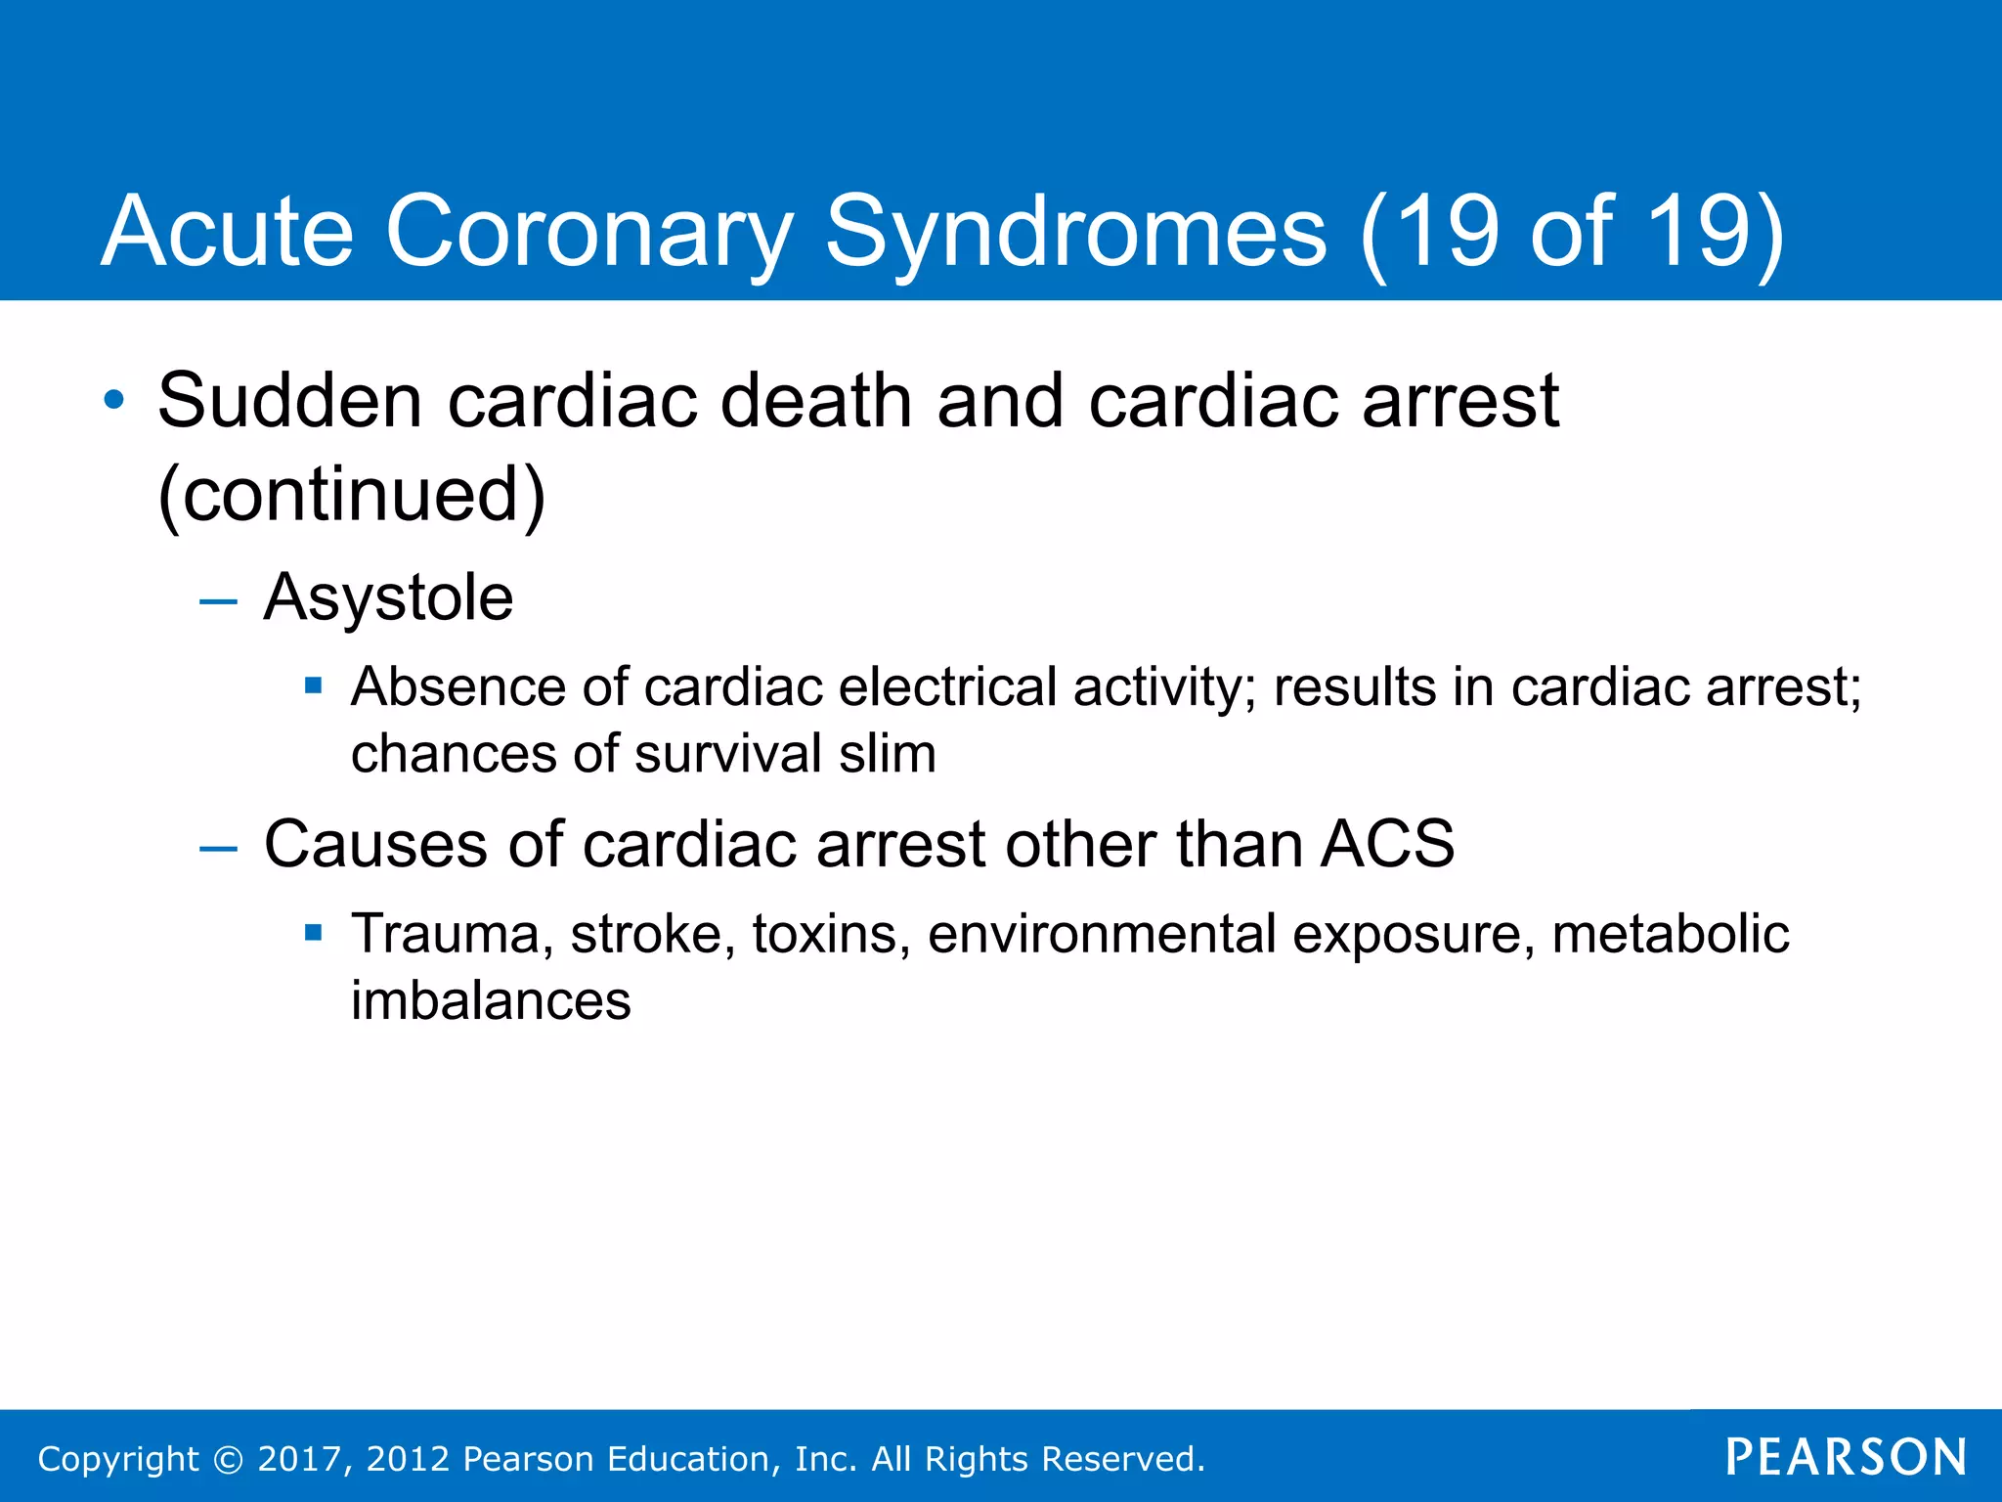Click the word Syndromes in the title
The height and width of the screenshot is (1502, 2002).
[1075, 233]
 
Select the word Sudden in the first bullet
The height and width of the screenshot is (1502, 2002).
[289, 401]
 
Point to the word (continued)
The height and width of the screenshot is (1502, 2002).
[351, 495]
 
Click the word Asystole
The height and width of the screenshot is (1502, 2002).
[388, 597]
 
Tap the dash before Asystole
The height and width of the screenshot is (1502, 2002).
[218, 601]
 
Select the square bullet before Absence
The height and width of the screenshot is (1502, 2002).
[313, 685]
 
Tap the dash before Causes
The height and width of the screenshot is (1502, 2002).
[218, 848]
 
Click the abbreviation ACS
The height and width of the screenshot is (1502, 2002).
[1386, 844]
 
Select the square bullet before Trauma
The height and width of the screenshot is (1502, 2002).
[313, 933]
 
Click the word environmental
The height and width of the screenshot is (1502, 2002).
[1102, 934]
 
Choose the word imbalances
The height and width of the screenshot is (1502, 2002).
[491, 1000]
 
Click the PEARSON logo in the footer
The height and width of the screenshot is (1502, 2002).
[1846, 1457]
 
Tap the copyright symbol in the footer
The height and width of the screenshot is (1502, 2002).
[228, 1459]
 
